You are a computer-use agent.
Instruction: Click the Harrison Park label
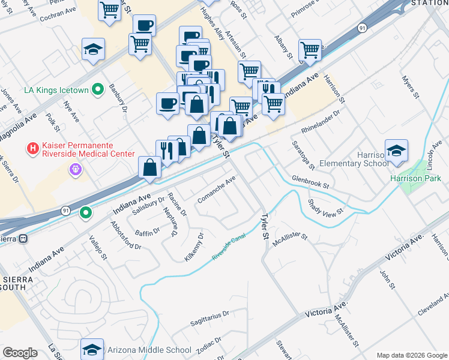click(x=415, y=178)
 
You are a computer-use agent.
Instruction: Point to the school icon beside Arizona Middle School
click(x=92, y=350)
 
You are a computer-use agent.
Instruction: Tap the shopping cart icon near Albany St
click(x=310, y=50)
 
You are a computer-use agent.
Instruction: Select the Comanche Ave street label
click(x=217, y=190)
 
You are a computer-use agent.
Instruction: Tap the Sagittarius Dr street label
click(x=209, y=313)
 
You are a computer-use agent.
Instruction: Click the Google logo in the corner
click(x=20, y=353)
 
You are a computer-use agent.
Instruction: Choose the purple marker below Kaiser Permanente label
click(x=75, y=170)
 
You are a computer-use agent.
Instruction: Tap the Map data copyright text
click(x=411, y=355)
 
